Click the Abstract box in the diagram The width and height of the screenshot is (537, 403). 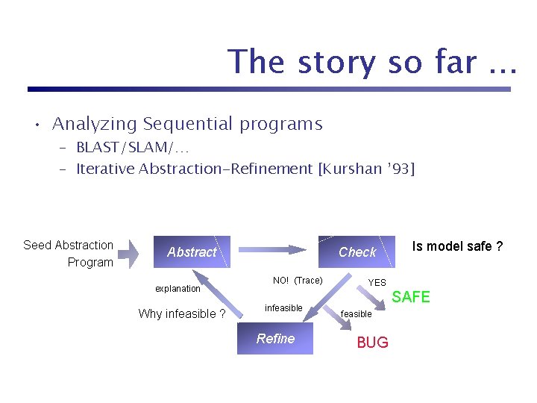coord(191,252)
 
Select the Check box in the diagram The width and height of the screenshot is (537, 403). coord(357,252)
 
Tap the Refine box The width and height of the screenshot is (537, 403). coord(276,340)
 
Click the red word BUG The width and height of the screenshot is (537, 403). coord(372,343)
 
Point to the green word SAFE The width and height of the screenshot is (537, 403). coord(411,297)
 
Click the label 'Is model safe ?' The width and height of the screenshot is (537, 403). coord(457,246)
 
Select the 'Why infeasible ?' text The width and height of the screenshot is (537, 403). coord(182,313)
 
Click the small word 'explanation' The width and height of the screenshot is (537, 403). coord(178,289)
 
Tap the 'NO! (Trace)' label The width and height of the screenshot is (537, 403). coord(298,281)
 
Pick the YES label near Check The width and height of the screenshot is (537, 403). coord(377,283)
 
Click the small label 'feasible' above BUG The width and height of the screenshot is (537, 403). coord(357,314)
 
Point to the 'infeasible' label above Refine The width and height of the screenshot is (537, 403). coord(283,308)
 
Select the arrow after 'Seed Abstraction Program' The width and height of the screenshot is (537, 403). coord(128,253)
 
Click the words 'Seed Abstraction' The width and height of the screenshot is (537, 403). coord(68,245)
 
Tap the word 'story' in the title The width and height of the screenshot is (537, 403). coord(339,62)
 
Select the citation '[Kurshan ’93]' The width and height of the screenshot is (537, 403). coord(365,169)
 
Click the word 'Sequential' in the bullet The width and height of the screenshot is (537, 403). coord(188,124)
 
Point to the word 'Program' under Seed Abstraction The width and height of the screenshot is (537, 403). coord(90,262)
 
